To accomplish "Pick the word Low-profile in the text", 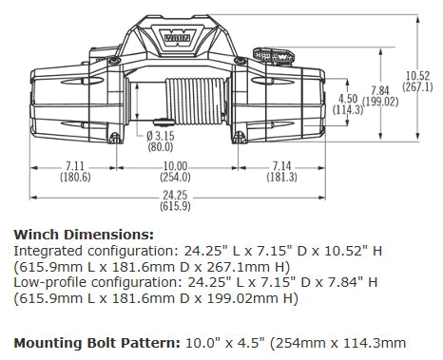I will [x=40, y=281].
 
